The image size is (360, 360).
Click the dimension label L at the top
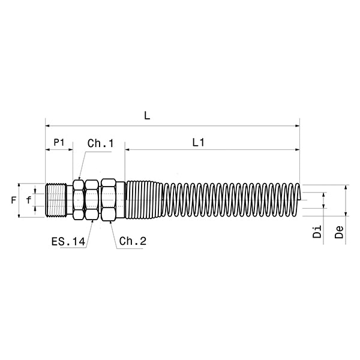click(x=147, y=116)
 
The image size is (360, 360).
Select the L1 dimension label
click(x=198, y=143)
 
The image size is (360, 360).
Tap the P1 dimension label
click(x=59, y=142)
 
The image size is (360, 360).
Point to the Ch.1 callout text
click(x=101, y=143)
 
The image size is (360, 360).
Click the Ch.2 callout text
click(x=133, y=241)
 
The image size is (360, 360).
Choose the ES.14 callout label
click(x=68, y=242)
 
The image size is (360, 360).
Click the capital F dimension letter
click(x=14, y=200)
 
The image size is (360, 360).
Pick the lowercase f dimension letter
click(x=28, y=200)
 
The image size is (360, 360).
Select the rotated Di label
click(x=317, y=232)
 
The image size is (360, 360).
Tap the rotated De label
click(x=339, y=232)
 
